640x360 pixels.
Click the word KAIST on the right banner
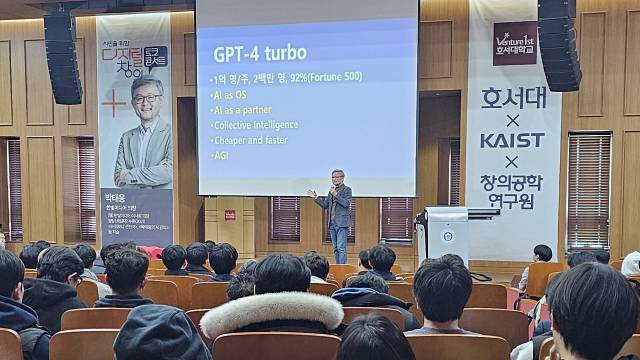coord(512,140)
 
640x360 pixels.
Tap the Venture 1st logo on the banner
coord(514,43)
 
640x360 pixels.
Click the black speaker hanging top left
coord(62,57)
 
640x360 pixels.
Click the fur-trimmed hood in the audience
coord(272,311)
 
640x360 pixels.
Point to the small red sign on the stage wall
coord(230,213)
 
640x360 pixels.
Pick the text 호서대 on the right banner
coord(512,102)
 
